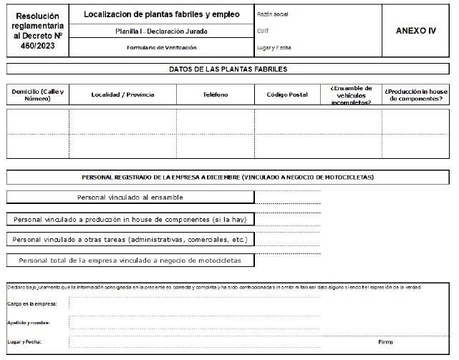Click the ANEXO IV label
click(415, 31)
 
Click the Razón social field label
click(271, 14)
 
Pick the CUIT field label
click(262, 31)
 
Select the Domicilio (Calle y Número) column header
click(37, 94)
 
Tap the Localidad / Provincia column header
click(122, 94)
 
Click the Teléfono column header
click(216, 94)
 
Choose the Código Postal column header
click(286, 94)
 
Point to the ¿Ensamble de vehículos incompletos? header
click(351, 94)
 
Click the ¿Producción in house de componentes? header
click(416, 94)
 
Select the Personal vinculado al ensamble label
click(130, 197)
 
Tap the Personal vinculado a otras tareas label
click(130, 239)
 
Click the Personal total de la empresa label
click(130, 260)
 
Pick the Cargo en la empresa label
click(28, 303)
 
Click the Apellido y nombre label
click(27, 323)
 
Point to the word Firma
click(386, 341)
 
